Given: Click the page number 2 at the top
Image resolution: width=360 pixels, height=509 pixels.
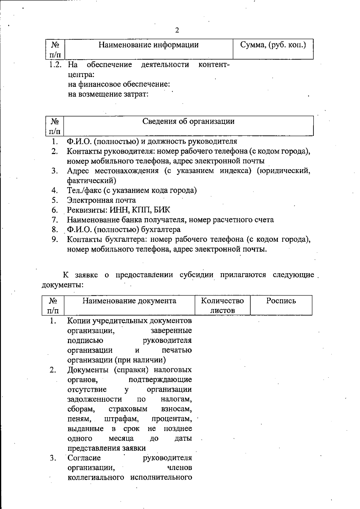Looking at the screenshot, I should click(x=177, y=30).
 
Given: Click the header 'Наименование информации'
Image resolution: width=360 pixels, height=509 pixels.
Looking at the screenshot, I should click(x=148, y=45).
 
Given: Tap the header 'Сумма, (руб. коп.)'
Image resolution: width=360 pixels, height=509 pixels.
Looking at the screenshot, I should click(x=273, y=45).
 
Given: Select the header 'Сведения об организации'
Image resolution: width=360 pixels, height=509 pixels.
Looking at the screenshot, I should click(x=188, y=121).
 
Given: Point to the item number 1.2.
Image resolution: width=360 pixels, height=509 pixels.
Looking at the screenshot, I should click(x=56, y=65).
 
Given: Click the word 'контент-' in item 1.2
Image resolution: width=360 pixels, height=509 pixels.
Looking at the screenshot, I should click(x=214, y=65).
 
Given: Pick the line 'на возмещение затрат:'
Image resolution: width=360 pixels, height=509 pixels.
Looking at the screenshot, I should click(x=108, y=94).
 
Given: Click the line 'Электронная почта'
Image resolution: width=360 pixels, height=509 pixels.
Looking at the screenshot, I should click(x=101, y=200).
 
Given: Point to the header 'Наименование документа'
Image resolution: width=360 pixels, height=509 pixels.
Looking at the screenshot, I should click(x=129, y=301).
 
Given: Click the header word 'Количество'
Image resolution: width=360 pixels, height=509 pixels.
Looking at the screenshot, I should click(x=222, y=301).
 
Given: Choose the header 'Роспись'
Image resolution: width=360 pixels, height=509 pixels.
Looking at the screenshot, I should click(x=281, y=301).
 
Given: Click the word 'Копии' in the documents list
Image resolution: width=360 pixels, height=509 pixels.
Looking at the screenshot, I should click(x=79, y=321).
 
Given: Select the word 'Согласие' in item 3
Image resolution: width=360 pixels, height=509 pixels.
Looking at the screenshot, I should click(x=84, y=458).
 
